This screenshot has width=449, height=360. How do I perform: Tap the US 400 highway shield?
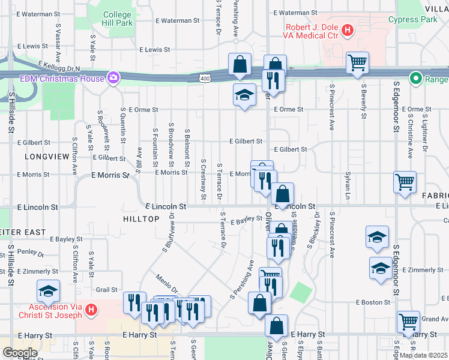click(205, 78)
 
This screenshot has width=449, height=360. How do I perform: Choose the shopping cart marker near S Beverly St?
click(357, 62)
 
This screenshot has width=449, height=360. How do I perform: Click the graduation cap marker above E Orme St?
click(244, 94)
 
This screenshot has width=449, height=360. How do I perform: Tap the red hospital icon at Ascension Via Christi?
click(90, 310)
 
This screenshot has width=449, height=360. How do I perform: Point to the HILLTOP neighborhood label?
click(141, 219)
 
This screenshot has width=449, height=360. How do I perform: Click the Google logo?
click(20, 352)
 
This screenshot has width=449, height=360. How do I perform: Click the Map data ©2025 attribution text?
click(423, 355)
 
